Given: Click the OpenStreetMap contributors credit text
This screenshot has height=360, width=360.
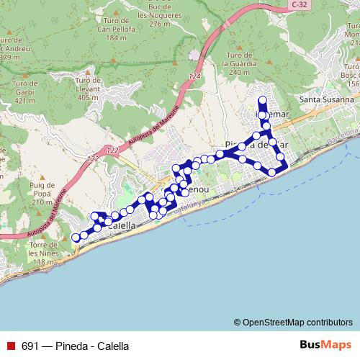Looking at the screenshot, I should (297, 323).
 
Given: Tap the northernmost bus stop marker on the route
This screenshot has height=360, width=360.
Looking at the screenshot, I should (262, 100).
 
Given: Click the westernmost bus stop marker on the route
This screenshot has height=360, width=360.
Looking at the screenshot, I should (76, 238).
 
